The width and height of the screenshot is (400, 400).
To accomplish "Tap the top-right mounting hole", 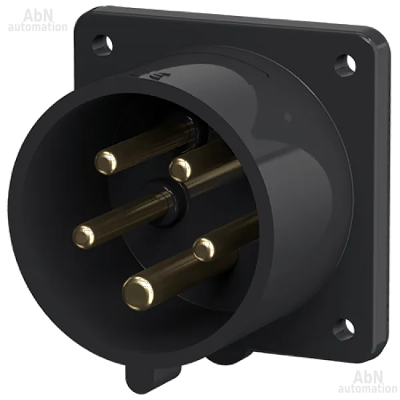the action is point(345,65).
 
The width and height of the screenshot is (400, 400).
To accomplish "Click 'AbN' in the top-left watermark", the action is point(39,16).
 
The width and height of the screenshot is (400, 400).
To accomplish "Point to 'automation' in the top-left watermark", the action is point(38,27).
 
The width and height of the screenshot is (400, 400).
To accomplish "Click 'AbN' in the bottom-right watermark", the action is point(369,377).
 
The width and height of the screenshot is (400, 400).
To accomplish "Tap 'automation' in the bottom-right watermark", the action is point(367,389).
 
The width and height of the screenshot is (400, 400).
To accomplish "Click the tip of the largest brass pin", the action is point(138,293).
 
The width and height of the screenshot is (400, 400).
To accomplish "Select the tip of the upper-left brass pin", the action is point(105,163).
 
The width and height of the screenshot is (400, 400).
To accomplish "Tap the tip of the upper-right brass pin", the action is point(180,169).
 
